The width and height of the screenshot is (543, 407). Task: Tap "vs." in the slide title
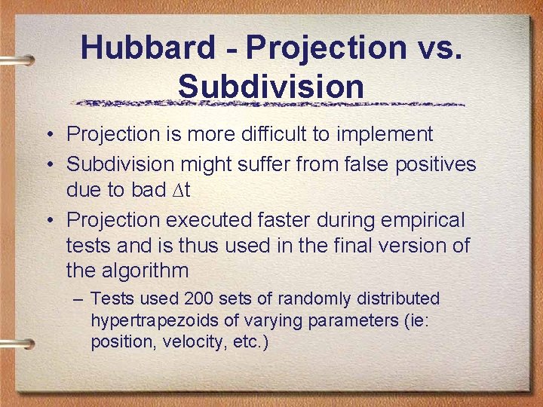click(x=437, y=47)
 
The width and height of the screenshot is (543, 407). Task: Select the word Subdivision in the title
click(x=271, y=86)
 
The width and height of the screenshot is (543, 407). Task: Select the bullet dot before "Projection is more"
click(x=48, y=136)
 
